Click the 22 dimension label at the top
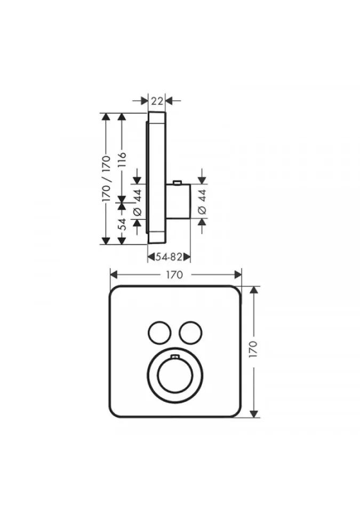157,101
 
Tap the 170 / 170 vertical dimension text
106,179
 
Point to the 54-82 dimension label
168,257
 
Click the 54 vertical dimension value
122,224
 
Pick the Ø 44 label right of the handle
203,202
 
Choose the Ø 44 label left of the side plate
137,202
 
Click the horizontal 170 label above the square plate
174,275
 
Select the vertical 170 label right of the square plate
253,349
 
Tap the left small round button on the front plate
159,333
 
